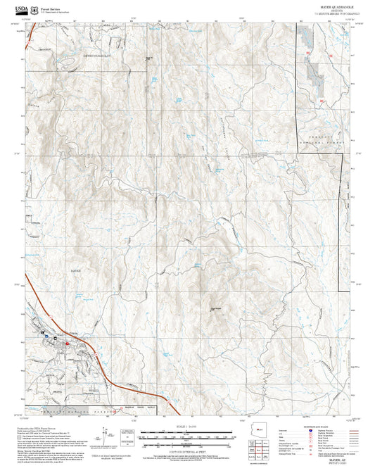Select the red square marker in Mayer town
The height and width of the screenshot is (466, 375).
pos(67,344)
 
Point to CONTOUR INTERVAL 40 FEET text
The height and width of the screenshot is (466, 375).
pos(186,451)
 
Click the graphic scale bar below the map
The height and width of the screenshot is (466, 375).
pos(186,438)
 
